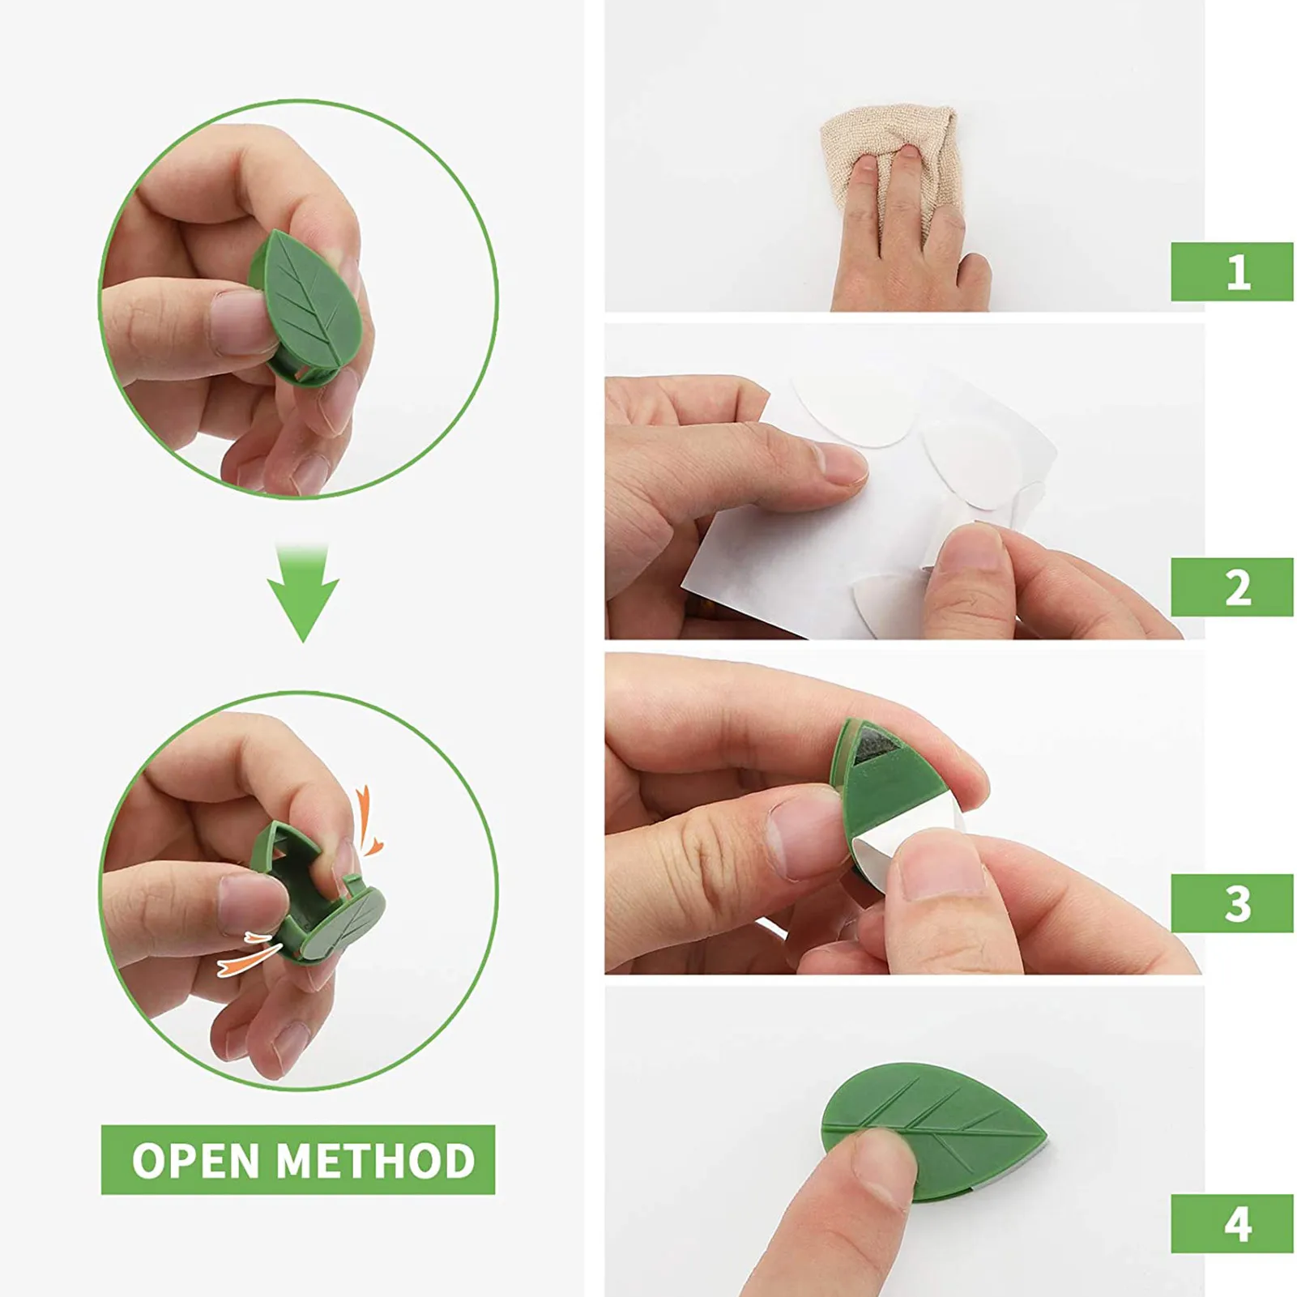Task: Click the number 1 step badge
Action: click(x=1231, y=271)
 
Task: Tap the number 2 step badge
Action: click(x=1231, y=587)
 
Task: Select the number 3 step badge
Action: click(x=1231, y=902)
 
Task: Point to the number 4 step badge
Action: click(x=1231, y=1222)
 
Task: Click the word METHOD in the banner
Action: click(x=374, y=1160)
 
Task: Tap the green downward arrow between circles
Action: click(x=303, y=591)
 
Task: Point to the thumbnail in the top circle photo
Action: click(x=239, y=320)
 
